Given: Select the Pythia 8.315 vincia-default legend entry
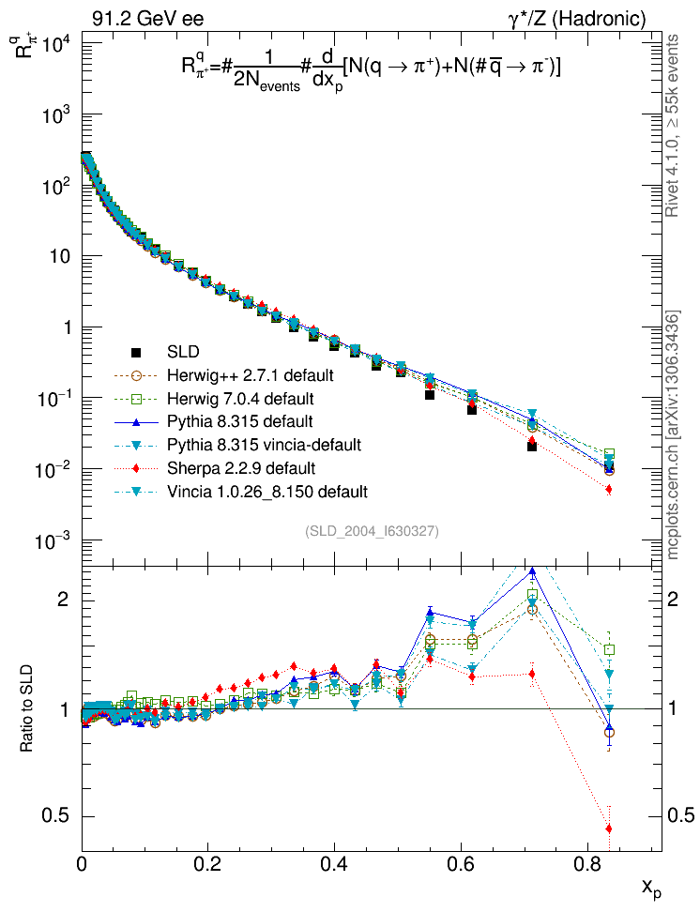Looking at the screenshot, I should (x=264, y=444).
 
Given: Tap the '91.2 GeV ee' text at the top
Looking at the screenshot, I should (x=147, y=19).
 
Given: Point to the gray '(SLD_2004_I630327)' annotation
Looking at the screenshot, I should (x=372, y=531).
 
